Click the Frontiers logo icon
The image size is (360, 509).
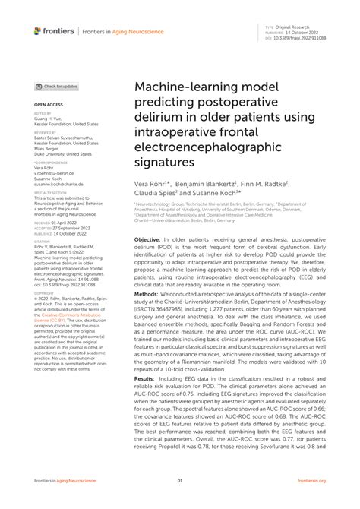tap(38, 30)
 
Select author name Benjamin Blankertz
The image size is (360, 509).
tap(206, 184)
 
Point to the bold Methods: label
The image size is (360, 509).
tap(147, 292)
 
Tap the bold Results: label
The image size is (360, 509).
tap(144, 378)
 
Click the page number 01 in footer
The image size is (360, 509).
tap(180, 481)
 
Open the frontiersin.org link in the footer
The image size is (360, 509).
tap(311, 481)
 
